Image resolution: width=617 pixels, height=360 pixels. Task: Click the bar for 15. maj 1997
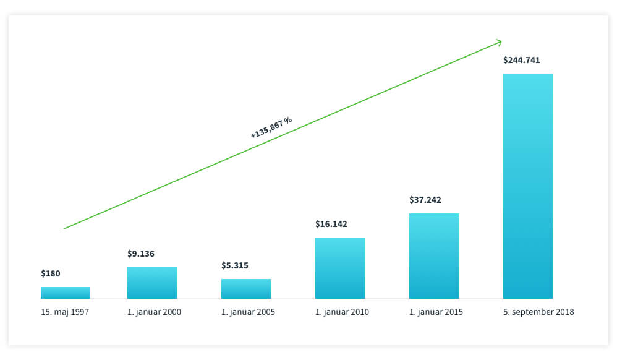click(66, 293)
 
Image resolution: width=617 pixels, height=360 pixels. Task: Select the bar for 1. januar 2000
click(152, 283)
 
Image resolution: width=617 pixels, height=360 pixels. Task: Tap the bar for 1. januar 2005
click(246, 289)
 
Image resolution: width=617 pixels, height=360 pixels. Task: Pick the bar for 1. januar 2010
click(340, 268)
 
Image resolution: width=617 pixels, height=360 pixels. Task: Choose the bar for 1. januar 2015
click(434, 256)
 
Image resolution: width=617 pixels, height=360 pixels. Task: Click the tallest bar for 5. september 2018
click(528, 186)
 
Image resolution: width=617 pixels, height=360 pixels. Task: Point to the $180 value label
click(51, 273)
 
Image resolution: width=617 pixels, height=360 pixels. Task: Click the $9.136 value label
click(141, 254)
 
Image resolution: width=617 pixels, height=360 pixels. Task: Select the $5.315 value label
click(235, 265)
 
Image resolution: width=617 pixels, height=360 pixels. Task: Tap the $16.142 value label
click(331, 224)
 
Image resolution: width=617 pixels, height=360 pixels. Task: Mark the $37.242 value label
click(425, 200)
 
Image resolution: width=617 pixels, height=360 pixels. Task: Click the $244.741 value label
click(522, 60)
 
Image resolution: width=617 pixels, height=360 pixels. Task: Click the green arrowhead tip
click(501, 41)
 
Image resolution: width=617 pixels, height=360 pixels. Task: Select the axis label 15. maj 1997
click(65, 312)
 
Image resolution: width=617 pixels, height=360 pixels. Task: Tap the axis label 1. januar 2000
click(155, 312)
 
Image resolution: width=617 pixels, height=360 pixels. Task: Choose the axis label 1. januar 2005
click(249, 312)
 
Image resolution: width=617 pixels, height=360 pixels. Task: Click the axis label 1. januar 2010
click(342, 312)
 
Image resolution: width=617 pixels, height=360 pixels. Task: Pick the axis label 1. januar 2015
click(436, 312)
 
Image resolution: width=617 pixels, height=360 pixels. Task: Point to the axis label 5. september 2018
click(538, 312)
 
